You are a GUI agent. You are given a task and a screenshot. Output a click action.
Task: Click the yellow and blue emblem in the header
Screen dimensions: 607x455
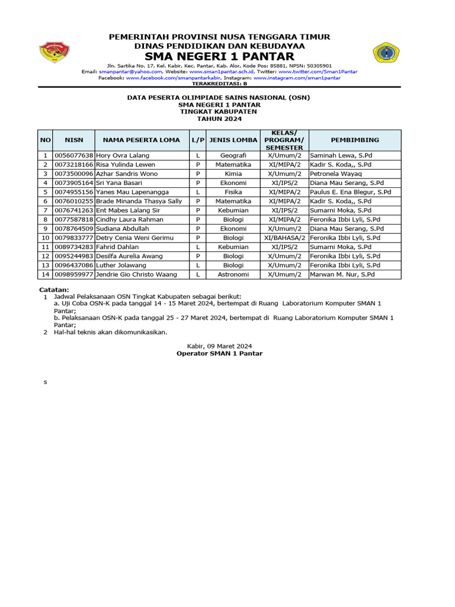click(x=387, y=53)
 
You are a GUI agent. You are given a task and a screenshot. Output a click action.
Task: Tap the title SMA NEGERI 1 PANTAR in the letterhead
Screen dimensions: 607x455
click(x=219, y=56)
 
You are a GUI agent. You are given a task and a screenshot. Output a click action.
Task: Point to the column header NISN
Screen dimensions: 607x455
click(x=74, y=140)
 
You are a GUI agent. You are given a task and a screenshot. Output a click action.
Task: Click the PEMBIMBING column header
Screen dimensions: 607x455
click(x=354, y=140)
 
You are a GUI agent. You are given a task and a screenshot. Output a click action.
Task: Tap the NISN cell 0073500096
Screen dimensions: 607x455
click(x=74, y=174)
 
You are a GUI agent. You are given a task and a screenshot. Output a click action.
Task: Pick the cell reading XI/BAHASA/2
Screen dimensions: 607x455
click(x=284, y=238)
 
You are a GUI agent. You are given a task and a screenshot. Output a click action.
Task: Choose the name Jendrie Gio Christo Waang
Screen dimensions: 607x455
click(x=136, y=274)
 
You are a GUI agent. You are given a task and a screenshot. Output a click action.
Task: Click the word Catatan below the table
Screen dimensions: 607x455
click(x=54, y=289)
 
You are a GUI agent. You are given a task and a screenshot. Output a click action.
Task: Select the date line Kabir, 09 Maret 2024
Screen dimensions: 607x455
click(x=219, y=346)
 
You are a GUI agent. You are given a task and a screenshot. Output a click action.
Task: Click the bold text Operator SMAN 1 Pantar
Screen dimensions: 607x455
click(x=219, y=353)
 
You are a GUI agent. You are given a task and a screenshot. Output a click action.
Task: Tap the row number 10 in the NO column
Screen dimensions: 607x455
click(x=45, y=238)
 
